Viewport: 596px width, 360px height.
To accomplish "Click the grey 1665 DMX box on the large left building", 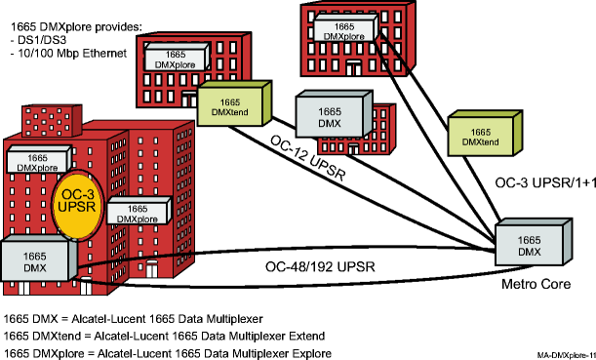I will pyautogui.click(x=36, y=260).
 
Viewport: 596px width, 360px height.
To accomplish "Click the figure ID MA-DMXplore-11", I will pyautogui.click(x=565, y=355).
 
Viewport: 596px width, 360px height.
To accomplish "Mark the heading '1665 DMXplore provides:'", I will pyautogui.click(x=65, y=22).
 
